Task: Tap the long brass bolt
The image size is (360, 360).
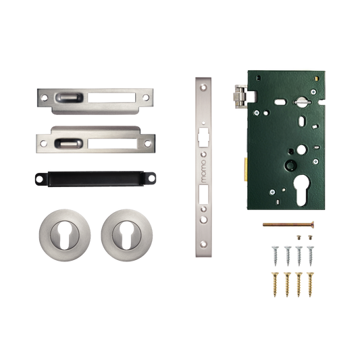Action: (x=288, y=224)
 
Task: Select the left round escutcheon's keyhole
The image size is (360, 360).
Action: (x=65, y=236)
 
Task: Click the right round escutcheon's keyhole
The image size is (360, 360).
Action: (x=127, y=236)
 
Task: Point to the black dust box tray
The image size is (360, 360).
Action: (x=95, y=178)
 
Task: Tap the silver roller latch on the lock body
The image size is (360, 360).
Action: (x=240, y=97)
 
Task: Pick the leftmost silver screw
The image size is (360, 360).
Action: (x=275, y=256)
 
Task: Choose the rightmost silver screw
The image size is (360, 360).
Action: (x=311, y=256)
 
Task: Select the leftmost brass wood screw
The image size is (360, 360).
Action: (x=275, y=284)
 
